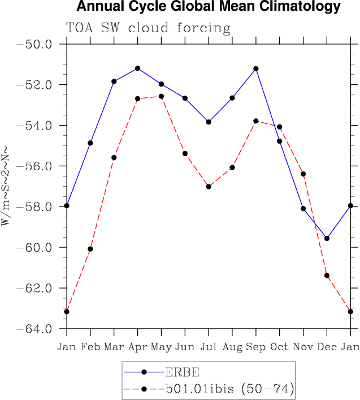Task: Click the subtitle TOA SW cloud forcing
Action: pyautogui.click(x=148, y=28)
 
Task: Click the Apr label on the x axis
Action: pyautogui.click(x=137, y=346)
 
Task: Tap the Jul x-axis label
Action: pyautogui.click(x=209, y=346)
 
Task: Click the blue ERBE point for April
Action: pyautogui.click(x=137, y=68)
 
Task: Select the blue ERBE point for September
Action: pyautogui.click(x=256, y=68)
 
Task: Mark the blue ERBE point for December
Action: pyautogui.click(x=327, y=238)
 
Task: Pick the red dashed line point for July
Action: pyautogui.click(x=209, y=187)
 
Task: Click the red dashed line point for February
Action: pyautogui.click(x=90, y=249)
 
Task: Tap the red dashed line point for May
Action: pyautogui.click(x=161, y=96)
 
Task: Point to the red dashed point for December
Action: pyautogui.click(x=327, y=276)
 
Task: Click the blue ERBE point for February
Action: pyautogui.click(x=90, y=143)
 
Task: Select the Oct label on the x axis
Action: pyautogui.click(x=279, y=346)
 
